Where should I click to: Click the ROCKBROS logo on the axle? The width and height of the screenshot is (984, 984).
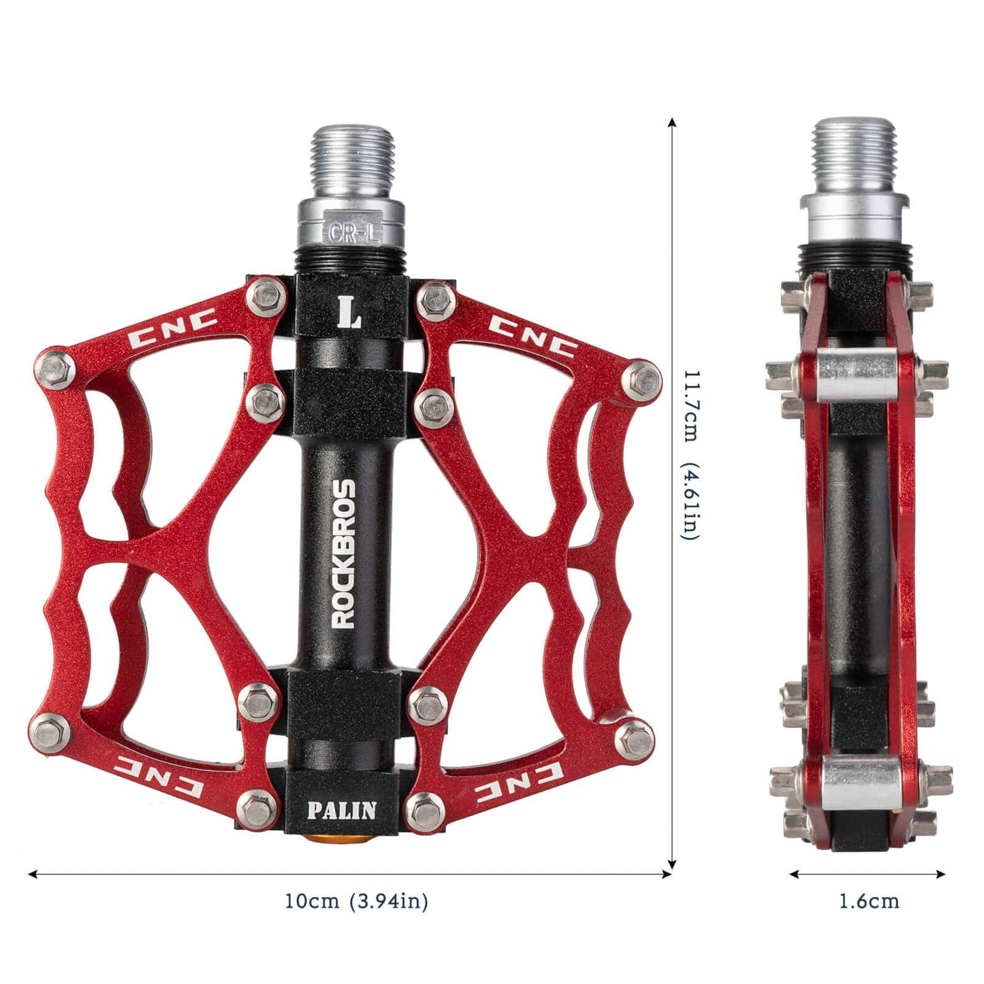343,553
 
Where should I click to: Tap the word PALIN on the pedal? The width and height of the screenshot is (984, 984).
341,810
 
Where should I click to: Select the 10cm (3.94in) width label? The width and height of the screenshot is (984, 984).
356,902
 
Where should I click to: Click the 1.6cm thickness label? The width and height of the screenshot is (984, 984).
868,902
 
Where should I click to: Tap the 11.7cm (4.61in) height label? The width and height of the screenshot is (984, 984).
691,455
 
